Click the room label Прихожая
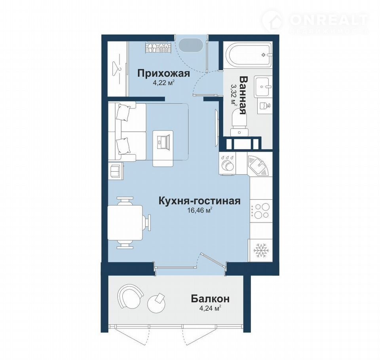163,73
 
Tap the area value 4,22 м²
164,83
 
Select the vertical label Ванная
243,95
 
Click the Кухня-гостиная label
199,201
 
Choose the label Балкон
210,299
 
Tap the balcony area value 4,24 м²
210,309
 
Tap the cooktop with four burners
261,210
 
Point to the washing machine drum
228,166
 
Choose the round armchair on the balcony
130,296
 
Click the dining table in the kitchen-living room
125,222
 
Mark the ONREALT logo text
329,20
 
